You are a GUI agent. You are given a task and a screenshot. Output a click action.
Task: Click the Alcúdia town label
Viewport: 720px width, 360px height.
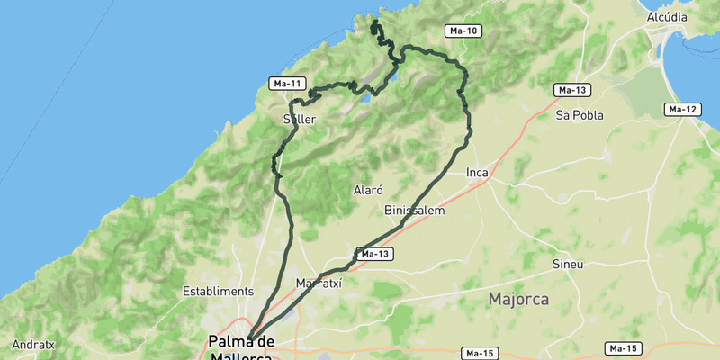click(x=667, y=17)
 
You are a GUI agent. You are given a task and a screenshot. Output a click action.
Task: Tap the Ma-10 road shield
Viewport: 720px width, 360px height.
click(x=463, y=31)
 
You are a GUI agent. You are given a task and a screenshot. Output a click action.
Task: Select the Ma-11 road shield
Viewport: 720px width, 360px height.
click(x=287, y=84)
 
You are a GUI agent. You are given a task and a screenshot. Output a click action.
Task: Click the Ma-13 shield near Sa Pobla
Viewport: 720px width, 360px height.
click(x=572, y=90)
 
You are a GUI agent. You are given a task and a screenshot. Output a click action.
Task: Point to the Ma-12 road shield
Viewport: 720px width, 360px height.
click(x=682, y=110)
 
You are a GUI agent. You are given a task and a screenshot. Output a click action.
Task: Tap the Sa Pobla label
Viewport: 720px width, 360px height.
click(x=580, y=115)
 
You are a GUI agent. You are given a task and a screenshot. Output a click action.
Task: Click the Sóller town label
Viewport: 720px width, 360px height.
click(x=299, y=119)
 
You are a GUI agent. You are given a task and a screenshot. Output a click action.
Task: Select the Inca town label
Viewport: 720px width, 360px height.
click(x=477, y=172)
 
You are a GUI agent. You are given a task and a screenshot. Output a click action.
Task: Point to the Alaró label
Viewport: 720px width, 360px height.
click(x=369, y=191)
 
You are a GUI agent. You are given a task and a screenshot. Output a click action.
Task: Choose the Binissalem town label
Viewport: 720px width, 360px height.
click(x=415, y=211)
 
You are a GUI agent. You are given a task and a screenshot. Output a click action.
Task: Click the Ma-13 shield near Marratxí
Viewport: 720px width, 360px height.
click(x=374, y=255)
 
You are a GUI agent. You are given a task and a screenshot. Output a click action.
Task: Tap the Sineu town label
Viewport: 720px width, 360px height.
click(x=568, y=265)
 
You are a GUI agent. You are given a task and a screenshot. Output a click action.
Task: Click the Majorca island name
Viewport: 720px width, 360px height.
click(x=518, y=299)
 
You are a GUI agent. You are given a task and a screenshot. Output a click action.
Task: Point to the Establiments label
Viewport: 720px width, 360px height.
click(x=218, y=292)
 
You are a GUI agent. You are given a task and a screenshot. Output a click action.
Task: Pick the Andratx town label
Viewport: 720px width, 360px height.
click(x=33, y=344)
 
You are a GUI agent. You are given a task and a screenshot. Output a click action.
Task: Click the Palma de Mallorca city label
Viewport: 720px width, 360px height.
click(x=240, y=349)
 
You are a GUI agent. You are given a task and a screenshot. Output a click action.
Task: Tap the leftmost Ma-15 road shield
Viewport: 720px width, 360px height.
click(x=480, y=352)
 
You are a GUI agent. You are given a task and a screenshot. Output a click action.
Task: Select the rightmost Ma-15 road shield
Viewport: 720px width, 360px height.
click(x=623, y=348)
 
